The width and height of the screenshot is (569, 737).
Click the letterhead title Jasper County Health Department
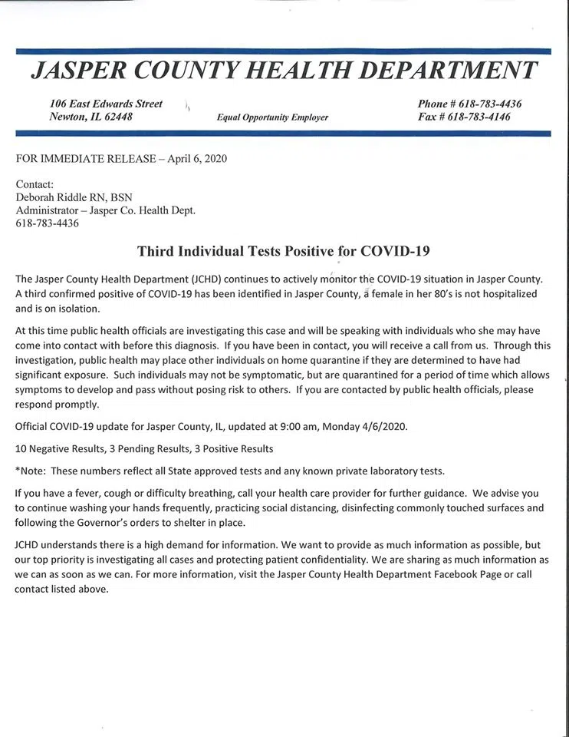[284, 71]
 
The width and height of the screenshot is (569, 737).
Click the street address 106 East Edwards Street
[106, 104]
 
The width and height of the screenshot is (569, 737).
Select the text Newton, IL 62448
[90, 117]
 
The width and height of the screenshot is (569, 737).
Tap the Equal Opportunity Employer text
[272, 117]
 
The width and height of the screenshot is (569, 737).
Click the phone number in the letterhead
[469, 104]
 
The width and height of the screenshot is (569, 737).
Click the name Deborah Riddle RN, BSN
[74, 197]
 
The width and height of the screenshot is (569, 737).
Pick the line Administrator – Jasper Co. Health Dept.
[106, 210]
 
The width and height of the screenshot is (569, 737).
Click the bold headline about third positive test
[283, 251]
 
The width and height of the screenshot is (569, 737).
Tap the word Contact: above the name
[35, 184]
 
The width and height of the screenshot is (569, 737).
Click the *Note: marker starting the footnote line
[31, 470]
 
